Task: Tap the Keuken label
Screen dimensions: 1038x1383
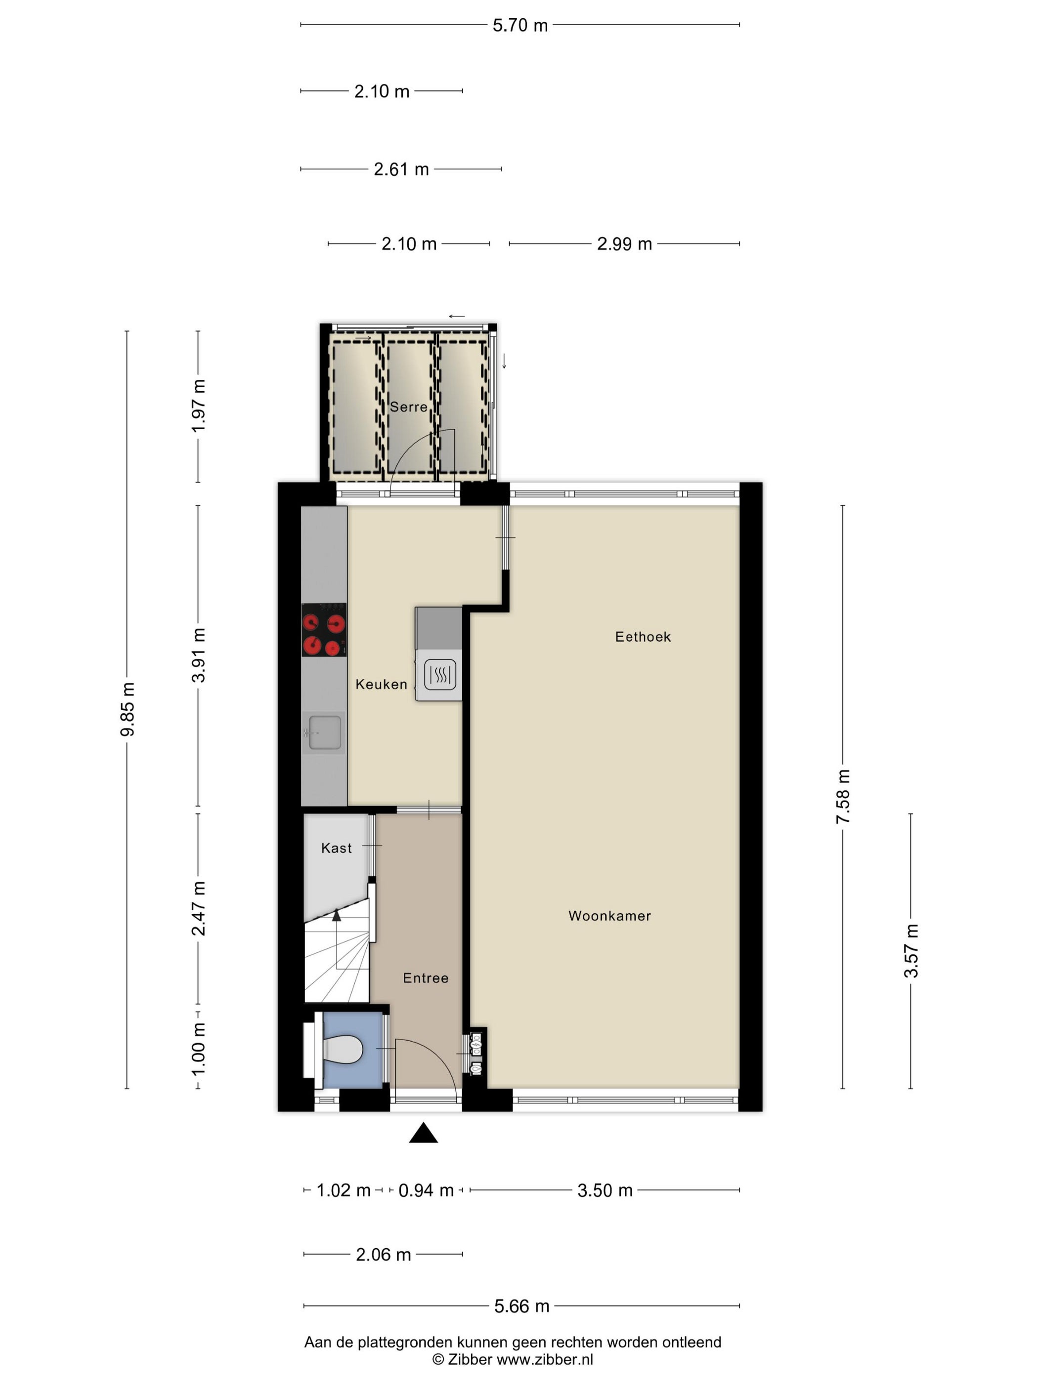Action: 381,685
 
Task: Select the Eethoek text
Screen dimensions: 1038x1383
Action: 643,637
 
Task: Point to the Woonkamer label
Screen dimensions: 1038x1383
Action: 609,916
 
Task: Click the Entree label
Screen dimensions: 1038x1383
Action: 426,978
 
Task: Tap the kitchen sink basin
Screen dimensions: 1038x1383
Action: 325,732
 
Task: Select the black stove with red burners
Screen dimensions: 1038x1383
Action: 324,630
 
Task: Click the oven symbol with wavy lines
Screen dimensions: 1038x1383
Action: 440,675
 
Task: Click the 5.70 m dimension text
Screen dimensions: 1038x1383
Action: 520,26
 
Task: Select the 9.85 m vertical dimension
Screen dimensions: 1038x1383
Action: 128,710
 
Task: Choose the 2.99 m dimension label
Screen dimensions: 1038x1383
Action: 624,244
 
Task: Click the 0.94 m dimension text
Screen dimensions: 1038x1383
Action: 426,1190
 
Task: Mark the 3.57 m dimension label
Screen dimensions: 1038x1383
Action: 911,951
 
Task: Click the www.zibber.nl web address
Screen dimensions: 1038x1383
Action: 544,1359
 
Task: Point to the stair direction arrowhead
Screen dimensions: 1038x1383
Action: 337,915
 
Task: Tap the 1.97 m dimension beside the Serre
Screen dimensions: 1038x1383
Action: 198,406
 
